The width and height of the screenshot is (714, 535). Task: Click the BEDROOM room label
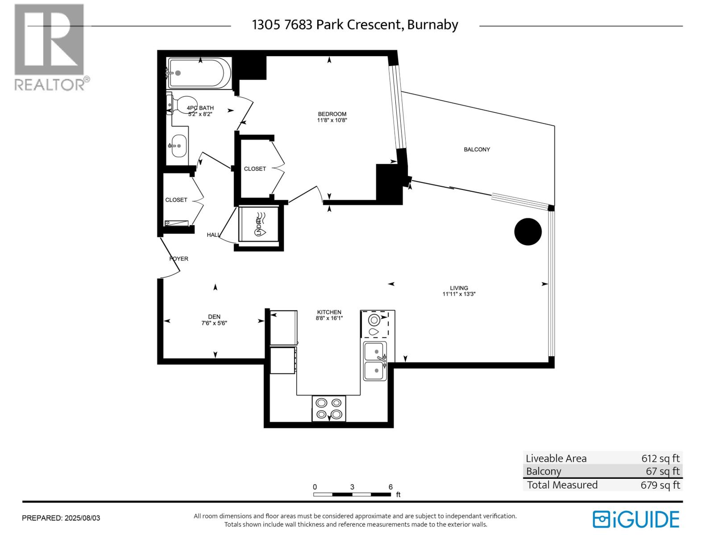pos(332,114)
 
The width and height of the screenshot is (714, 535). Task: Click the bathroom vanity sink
pos(179,146)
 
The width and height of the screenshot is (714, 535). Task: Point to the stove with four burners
pos(329,408)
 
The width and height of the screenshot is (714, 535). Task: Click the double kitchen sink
pos(375,361)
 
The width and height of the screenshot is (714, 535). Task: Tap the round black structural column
pos(528,231)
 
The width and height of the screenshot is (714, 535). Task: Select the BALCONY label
pos(477,149)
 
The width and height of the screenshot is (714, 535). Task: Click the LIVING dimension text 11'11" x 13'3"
pos(459,294)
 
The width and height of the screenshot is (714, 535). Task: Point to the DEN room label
pos(214,317)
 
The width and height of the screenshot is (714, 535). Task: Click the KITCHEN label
pos(329,312)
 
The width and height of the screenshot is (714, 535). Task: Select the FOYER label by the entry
pos(179,259)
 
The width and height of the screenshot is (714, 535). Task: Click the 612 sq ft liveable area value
pos(660,458)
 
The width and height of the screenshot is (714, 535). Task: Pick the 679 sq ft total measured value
pos(660,485)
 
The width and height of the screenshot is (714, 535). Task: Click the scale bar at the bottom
pos(352,494)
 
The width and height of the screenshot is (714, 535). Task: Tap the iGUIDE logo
pos(636,519)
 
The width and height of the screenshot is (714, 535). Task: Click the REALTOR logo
pos(50,47)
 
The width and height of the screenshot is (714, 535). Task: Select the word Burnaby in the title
pos(432,25)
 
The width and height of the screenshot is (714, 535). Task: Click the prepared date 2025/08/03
pos(83,518)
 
